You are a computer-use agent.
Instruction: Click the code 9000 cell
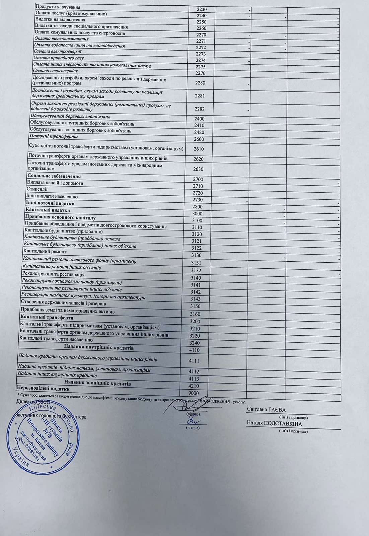[x=194, y=393]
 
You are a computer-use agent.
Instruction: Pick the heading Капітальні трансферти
[x=47, y=317]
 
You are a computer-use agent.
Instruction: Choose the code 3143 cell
[x=195, y=299]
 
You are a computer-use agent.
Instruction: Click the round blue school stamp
[x=47, y=436]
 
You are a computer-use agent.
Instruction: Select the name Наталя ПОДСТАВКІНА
[x=274, y=424]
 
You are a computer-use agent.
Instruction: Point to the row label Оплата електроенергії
[x=58, y=52]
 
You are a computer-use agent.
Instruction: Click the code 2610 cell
[x=198, y=149]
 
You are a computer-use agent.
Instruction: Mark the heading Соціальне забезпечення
[x=54, y=176]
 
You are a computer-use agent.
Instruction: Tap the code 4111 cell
[x=194, y=361]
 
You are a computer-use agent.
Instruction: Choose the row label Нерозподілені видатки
[x=43, y=389]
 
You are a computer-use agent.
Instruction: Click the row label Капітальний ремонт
[x=45, y=251]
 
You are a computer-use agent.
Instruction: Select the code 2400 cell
[x=199, y=119]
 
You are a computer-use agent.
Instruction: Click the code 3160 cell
[x=195, y=314]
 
